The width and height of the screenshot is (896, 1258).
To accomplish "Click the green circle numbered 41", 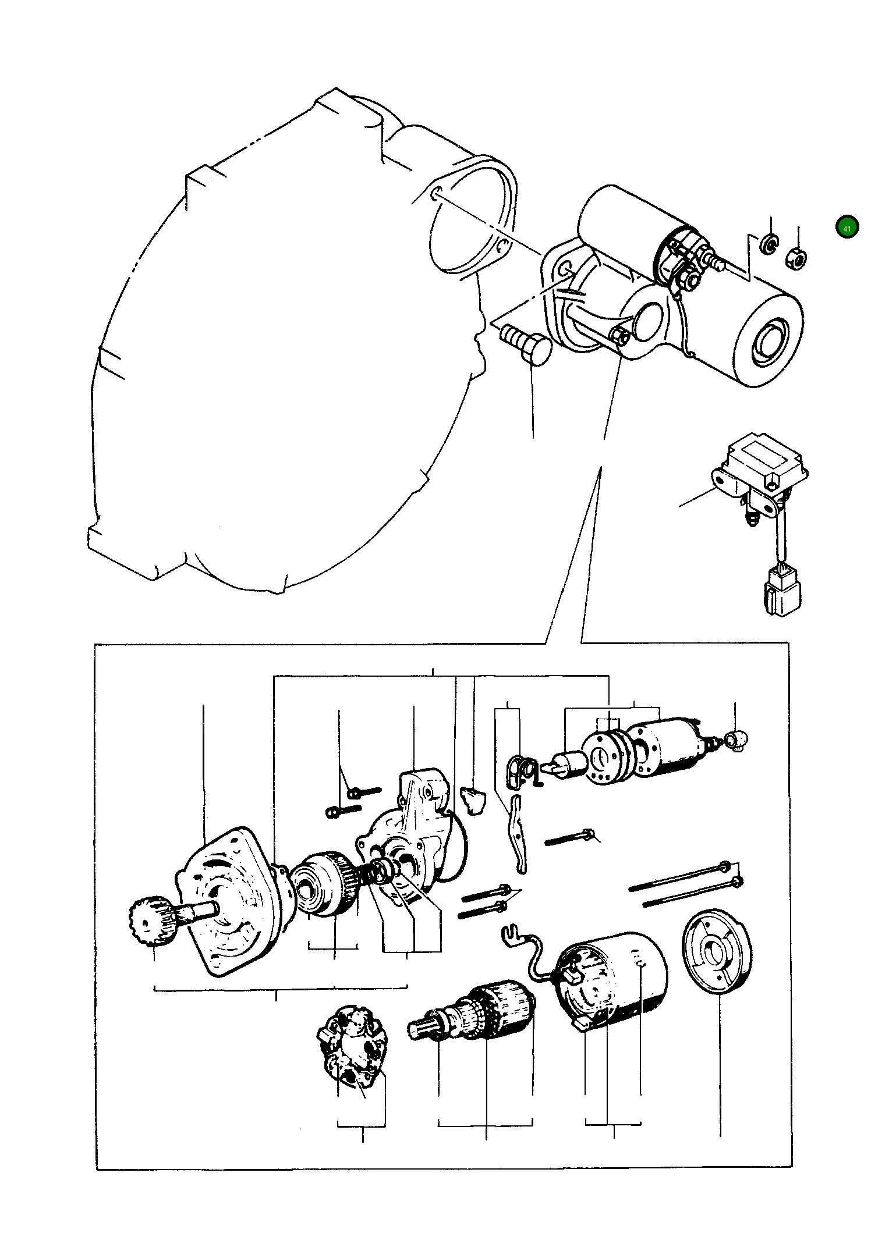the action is [847, 228].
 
